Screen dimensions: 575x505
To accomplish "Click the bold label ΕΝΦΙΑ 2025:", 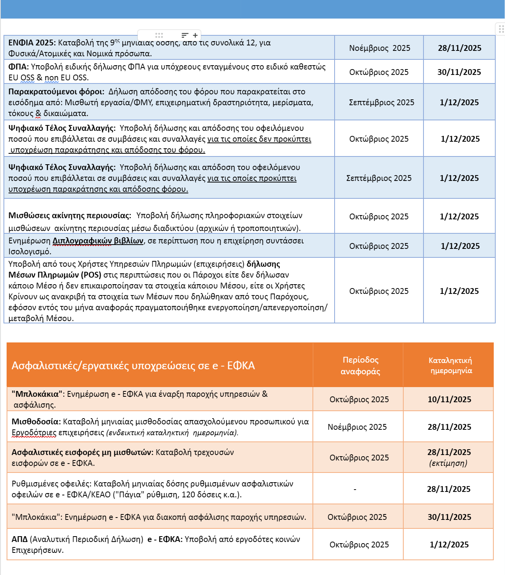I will coord(32,43).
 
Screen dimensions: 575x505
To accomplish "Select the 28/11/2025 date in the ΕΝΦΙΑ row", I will coord(460,48).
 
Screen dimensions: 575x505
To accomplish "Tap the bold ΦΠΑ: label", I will coord(18,67).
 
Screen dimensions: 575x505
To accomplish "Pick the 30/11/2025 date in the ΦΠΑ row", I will coord(459,72).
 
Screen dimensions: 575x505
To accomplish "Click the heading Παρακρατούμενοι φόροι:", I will coord(56,92).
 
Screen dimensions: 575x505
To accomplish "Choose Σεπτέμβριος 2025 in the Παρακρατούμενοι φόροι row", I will coord(382,102).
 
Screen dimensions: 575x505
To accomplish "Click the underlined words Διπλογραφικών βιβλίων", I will coord(98,241).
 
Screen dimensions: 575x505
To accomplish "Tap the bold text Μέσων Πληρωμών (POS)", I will coord(55,275).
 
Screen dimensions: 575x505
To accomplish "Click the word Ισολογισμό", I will coord(29,252).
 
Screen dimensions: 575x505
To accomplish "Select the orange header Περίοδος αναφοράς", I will coord(360,365).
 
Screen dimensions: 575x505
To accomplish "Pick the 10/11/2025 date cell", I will coord(449,400).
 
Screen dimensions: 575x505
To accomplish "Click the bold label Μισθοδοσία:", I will coord(36,422).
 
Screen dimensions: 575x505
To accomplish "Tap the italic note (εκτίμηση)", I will coord(448,463).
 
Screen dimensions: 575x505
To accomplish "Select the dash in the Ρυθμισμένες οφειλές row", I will coord(355,490).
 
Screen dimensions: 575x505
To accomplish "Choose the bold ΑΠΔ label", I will coord(19,539).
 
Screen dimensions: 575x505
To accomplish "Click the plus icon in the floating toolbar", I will coord(195,35).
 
